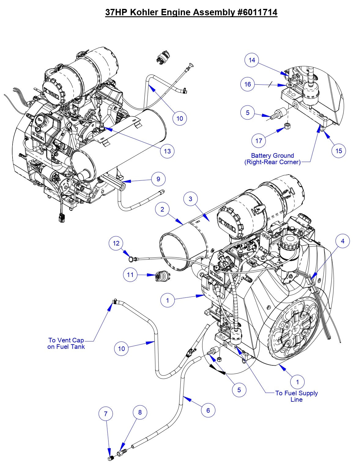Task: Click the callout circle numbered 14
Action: point(252,60)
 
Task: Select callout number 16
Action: point(247,84)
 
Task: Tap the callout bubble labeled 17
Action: point(259,141)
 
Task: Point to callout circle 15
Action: point(339,151)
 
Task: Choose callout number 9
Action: point(158,179)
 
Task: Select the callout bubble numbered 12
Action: point(116,244)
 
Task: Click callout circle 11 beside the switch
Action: point(130,275)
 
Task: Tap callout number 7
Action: point(106,414)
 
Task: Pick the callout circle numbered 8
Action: point(140,412)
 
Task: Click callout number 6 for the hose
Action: point(208,410)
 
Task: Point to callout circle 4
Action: point(343,241)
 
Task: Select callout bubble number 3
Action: point(191,199)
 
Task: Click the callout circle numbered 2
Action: point(162,209)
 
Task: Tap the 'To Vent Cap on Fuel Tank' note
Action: point(66,343)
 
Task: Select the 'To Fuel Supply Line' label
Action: point(296,396)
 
